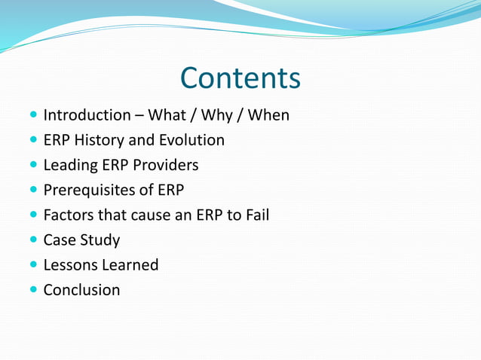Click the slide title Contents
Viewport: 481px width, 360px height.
[240, 78]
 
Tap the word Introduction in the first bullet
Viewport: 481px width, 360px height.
[87, 115]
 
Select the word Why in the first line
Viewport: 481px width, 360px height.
[218, 115]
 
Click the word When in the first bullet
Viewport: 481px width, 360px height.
[268, 115]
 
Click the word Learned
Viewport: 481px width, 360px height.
[132, 265]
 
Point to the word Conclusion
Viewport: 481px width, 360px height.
[81, 290]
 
